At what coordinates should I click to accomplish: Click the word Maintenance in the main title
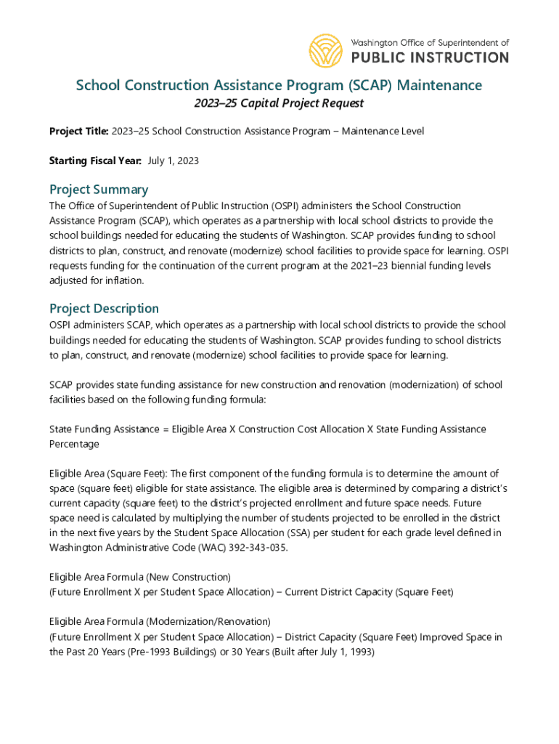coord(439,86)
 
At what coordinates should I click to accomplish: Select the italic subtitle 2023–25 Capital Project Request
coord(279,104)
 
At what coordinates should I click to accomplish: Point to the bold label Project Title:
coord(79,132)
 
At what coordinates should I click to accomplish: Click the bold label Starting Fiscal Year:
coord(95,161)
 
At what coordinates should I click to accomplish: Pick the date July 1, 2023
coord(174,161)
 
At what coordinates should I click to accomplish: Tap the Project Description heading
coord(104,308)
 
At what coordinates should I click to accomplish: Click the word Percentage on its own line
coord(74,443)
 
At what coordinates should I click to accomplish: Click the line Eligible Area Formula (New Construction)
coord(140,577)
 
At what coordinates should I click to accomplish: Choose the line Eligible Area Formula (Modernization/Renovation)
coord(160,622)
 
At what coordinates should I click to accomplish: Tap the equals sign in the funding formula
coord(166,429)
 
